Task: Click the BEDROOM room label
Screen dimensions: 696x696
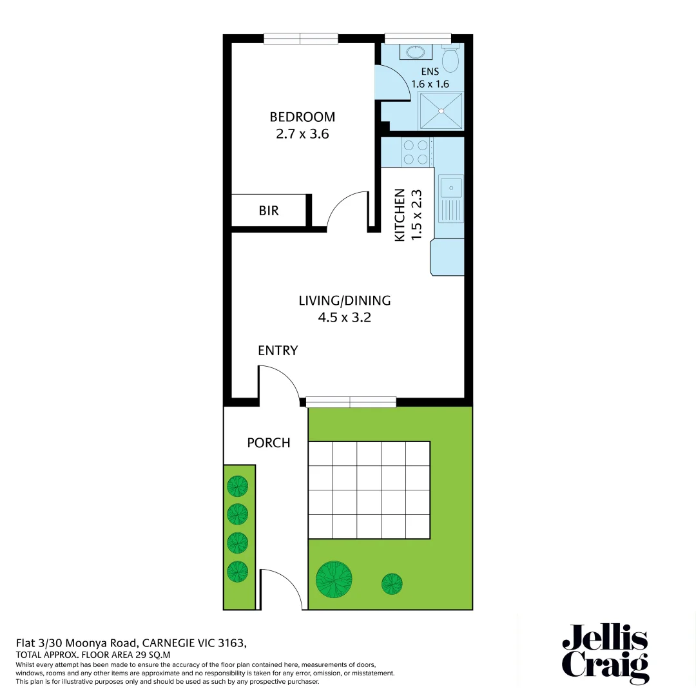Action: coord(302,117)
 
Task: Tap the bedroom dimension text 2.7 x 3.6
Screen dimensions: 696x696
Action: coord(302,135)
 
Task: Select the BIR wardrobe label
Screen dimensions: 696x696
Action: coord(269,211)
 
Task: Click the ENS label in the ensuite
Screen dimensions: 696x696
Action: coord(430,72)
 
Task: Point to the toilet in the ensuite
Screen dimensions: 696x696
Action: coord(452,59)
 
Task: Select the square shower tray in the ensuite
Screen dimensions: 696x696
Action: coord(441,111)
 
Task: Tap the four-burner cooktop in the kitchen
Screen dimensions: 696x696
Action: coord(416,152)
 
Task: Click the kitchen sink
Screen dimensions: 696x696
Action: coord(450,188)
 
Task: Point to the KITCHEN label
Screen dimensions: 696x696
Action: coord(400,215)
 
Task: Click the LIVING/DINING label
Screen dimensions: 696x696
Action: coord(345,300)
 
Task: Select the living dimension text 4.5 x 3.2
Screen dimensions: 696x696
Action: coord(345,318)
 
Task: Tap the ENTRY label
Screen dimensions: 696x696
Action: coord(278,351)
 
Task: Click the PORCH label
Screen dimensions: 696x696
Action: coord(269,443)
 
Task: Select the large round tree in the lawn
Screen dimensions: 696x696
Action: coord(334,579)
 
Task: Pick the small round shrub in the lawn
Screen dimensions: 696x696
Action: coord(392,584)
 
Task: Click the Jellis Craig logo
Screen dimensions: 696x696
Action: coord(604,653)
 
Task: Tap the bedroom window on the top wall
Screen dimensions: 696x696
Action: coord(301,39)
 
